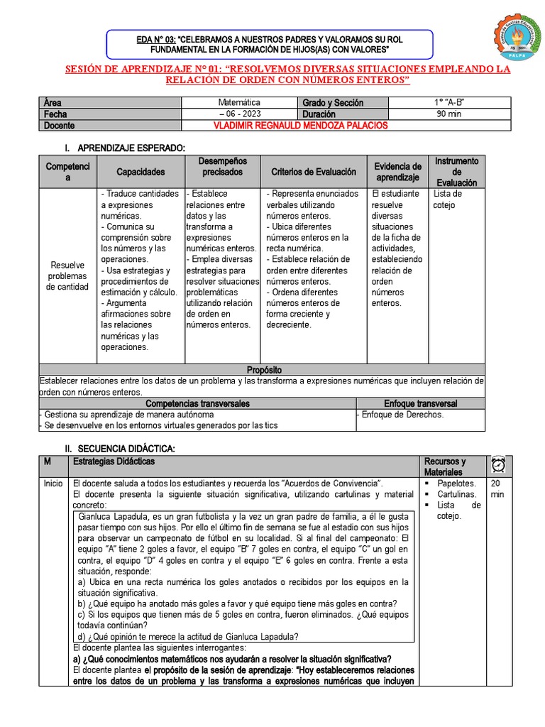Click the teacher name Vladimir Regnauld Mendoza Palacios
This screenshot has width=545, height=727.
301,126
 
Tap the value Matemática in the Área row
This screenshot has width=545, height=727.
239,103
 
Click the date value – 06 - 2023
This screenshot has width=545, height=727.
239,114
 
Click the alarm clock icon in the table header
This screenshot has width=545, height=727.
497,466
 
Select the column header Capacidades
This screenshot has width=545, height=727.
141,172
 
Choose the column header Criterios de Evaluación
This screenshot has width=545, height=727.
313,172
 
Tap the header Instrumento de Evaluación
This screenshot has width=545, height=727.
456,172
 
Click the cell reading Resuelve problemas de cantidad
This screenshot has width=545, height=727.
67,276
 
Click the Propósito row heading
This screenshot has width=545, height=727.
263,370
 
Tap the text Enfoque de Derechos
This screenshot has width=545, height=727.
402,415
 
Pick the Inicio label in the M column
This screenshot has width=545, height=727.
53,483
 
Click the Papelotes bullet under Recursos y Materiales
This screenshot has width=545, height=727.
456,483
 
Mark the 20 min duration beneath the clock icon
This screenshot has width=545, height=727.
497,488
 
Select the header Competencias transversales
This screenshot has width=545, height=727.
197,403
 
